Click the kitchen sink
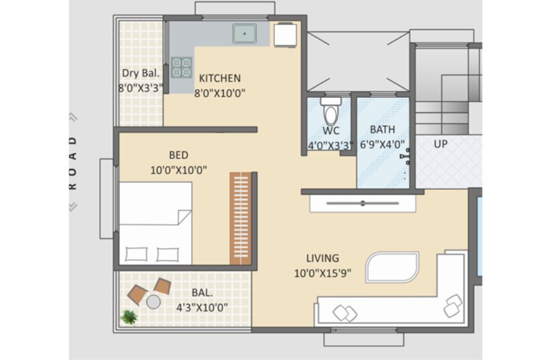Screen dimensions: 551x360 point(244,34)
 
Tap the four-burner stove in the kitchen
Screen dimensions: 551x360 point(182,67)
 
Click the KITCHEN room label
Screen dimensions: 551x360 point(220,78)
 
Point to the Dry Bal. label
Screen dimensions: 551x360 point(140,74)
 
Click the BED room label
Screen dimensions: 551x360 point(178,155)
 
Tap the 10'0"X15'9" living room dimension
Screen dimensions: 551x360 point(322,273)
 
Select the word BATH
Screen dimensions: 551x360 point(382,130)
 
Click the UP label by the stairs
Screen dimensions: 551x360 point(440,144)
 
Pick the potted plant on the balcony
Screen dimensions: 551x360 point(129,317)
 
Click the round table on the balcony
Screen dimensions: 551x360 point(154,302)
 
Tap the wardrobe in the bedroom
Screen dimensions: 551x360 point(241,218)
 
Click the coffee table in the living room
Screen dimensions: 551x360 point(392,267)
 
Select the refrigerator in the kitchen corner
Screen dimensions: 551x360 point(285,35)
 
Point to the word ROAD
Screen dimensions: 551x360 point(73,163)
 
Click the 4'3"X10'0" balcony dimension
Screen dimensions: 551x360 point(202,308)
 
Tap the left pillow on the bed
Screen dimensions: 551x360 point(136,254)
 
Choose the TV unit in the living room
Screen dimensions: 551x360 point(363,203)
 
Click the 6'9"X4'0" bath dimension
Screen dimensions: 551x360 point(383,145)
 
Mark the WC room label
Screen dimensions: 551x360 point(331,131)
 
